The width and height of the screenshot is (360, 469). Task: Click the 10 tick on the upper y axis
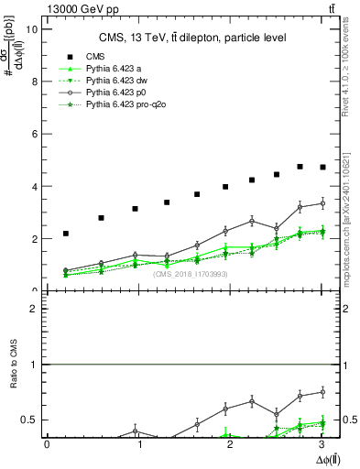(34, 28)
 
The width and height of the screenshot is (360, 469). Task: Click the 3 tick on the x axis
(322, 444)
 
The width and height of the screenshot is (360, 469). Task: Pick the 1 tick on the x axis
(139, 444)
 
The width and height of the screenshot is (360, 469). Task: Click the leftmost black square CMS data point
(66, 234)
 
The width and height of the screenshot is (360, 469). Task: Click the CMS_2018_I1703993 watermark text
(183, 274)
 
